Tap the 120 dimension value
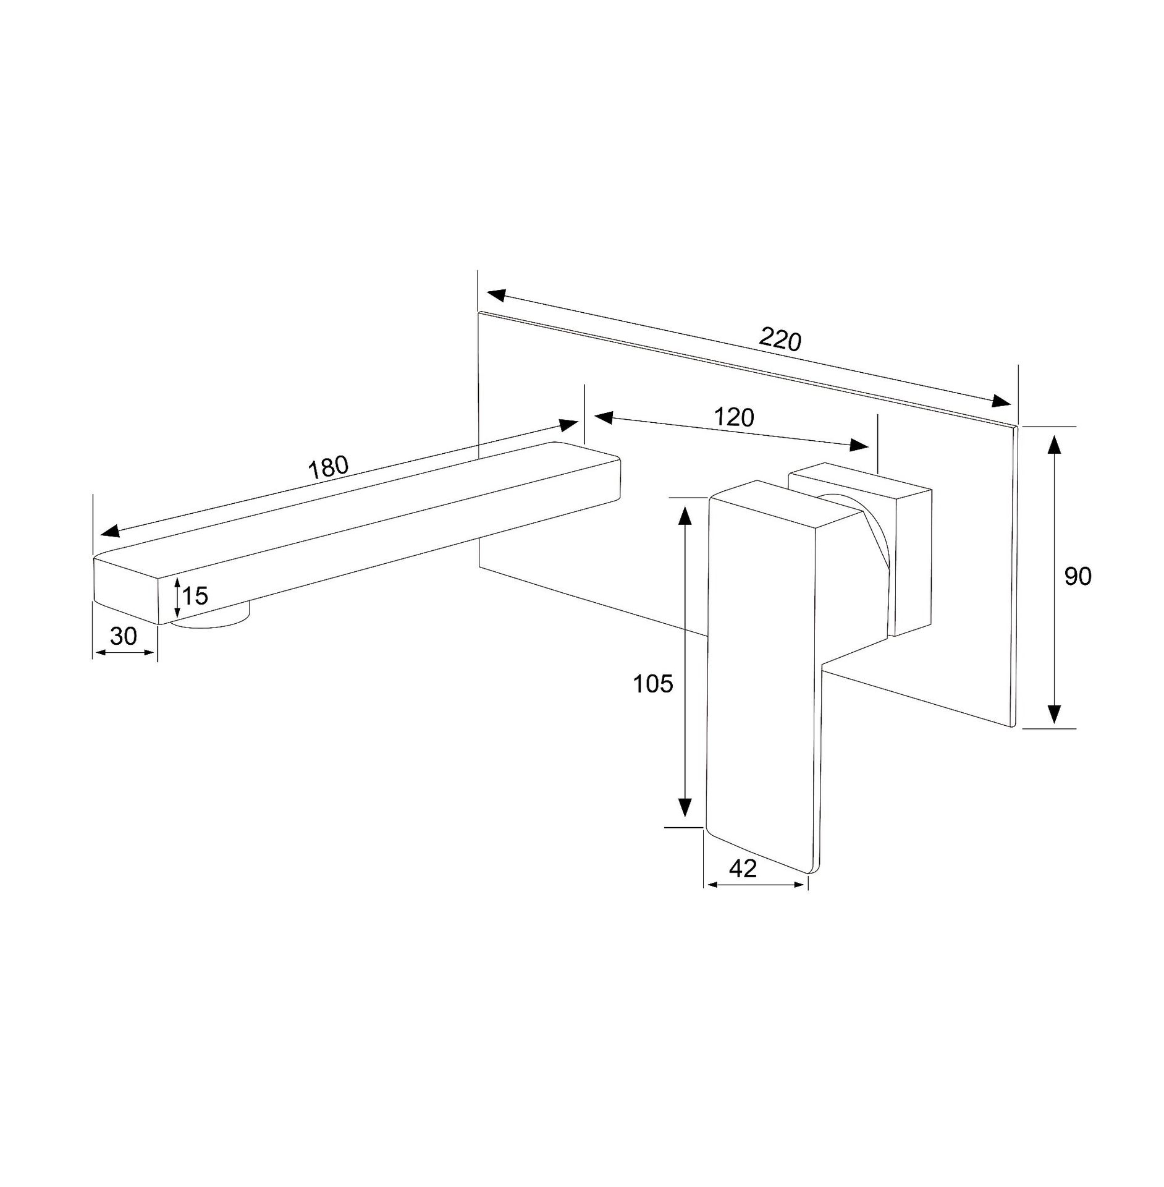coord(734,418)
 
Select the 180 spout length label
coord(329,467)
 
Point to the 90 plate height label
coord(1078,576)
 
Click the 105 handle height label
coord(652,684)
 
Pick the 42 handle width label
coord(743,869)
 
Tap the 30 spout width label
coord(123,636)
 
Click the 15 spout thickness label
coord(195,596)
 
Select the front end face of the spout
coord(126,591)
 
